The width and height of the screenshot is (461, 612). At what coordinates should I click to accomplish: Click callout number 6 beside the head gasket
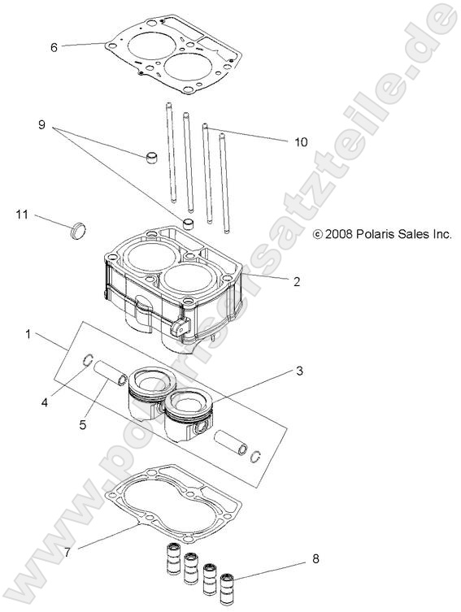pyautogui.click(x=54, y=47)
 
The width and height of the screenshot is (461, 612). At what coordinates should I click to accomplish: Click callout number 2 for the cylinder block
pyautogui.click(x=297, y=282)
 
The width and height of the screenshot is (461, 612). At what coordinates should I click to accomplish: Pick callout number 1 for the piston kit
pyautogui.click(x=29, y=334)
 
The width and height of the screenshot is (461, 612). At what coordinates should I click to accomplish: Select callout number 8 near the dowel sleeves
pyautogui.click(x=315, y=559)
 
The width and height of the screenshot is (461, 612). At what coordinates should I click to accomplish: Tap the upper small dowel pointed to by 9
pyautogui.click(x=151, y=155)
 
